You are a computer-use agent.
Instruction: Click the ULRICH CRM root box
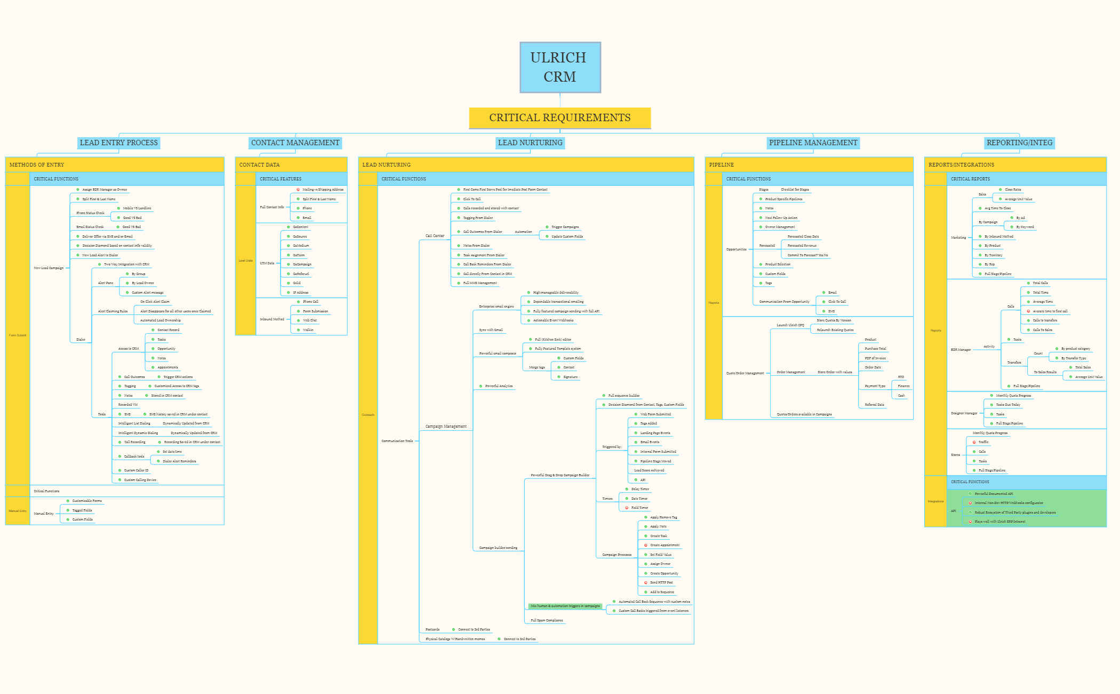[560, 67]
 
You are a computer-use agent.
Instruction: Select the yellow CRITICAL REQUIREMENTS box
[559, 117]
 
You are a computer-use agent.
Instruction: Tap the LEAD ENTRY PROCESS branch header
[118, 143]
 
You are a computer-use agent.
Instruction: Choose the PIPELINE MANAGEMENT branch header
[813, 143]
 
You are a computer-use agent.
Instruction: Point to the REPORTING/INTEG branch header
[1019, 143]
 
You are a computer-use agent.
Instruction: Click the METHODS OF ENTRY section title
[37, 165]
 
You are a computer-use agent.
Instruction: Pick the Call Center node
[435, 235]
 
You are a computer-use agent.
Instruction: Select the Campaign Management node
[446, 427]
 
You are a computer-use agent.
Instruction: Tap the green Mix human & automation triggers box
[565, 606]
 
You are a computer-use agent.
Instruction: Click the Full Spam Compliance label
[547, 620]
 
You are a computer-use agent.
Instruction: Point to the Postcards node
[433, 629]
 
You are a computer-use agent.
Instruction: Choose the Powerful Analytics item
[499, 386]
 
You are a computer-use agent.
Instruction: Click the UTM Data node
[267, 263]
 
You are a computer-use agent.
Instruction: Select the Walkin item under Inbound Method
[308, 330]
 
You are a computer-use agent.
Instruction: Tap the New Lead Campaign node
[49, 268]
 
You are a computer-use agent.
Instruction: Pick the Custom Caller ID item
[136, 470]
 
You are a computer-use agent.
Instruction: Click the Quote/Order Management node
[745, 373]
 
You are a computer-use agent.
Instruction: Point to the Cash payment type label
[901, 396]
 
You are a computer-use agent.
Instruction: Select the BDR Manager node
[961, 350]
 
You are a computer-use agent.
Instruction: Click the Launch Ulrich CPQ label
[790, 325]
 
